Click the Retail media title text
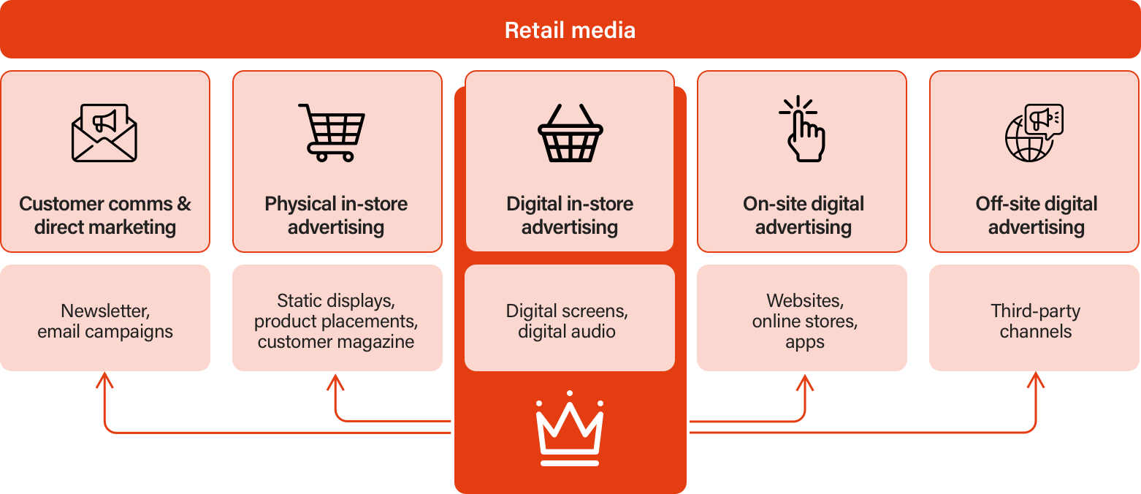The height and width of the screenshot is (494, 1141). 570,30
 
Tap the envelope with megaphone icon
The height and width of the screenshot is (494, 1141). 104,132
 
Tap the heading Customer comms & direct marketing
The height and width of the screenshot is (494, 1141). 105,215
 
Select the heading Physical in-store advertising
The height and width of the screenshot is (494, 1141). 336,215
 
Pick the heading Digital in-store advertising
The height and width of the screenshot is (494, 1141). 570,215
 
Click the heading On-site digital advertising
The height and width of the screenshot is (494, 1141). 804,215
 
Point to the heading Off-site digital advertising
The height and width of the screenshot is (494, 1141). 1036,215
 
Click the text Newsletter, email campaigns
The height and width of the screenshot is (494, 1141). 105,321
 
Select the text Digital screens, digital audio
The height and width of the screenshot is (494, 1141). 567,321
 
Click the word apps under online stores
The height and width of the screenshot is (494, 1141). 805,342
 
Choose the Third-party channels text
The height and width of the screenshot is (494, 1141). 1035,321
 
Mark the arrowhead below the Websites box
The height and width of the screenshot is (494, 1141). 805,382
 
